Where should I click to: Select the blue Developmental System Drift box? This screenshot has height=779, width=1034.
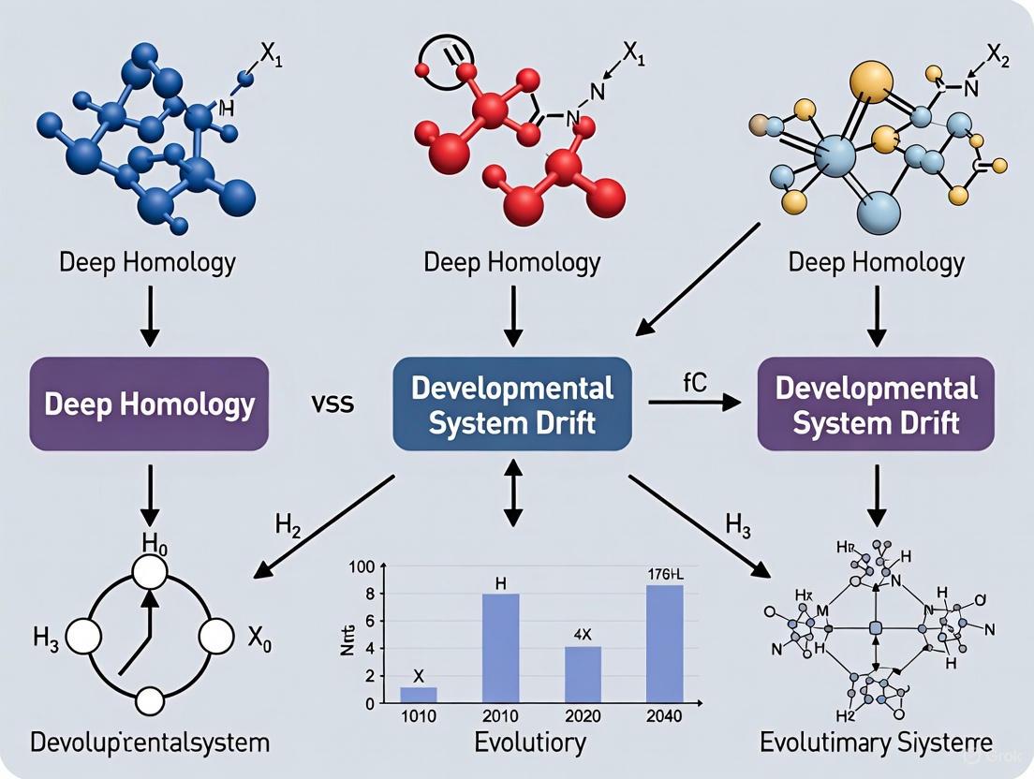tap(511, 404)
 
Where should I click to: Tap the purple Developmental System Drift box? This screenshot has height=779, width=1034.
tap(876, 404)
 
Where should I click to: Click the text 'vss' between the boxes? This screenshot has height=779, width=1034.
tap(332, 405)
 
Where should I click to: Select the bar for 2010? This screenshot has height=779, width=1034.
tap(500, 647)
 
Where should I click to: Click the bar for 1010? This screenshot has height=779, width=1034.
tap(419, 695)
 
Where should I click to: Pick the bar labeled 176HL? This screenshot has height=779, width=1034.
tap(664, 643)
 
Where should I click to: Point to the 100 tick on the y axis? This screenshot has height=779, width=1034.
tap(361, 566)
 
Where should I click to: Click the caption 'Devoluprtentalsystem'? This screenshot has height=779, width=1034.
tap(150, 744)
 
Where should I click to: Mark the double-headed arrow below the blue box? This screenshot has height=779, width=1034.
tap(511, 491)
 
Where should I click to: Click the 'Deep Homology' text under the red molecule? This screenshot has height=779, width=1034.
tap(511, 261)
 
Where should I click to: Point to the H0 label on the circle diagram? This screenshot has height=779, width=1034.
tap(153, 541)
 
